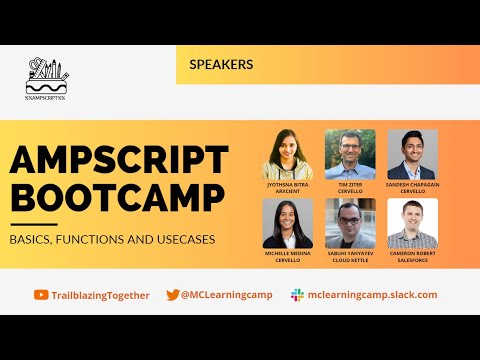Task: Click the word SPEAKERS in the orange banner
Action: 221,64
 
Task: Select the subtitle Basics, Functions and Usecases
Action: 113,240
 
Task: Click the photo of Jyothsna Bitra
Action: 288,154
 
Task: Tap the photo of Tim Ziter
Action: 350,154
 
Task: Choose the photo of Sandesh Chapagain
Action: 412,154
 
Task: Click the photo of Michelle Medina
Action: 288,223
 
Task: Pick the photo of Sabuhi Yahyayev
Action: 350,223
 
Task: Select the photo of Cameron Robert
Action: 412,223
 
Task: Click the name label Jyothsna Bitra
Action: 288,186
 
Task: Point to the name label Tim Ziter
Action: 350,186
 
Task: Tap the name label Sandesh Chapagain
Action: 412,186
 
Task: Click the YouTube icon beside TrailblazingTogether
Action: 41,295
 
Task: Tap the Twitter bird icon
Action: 173,295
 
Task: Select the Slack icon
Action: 297,295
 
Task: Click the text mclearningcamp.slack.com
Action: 373,295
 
